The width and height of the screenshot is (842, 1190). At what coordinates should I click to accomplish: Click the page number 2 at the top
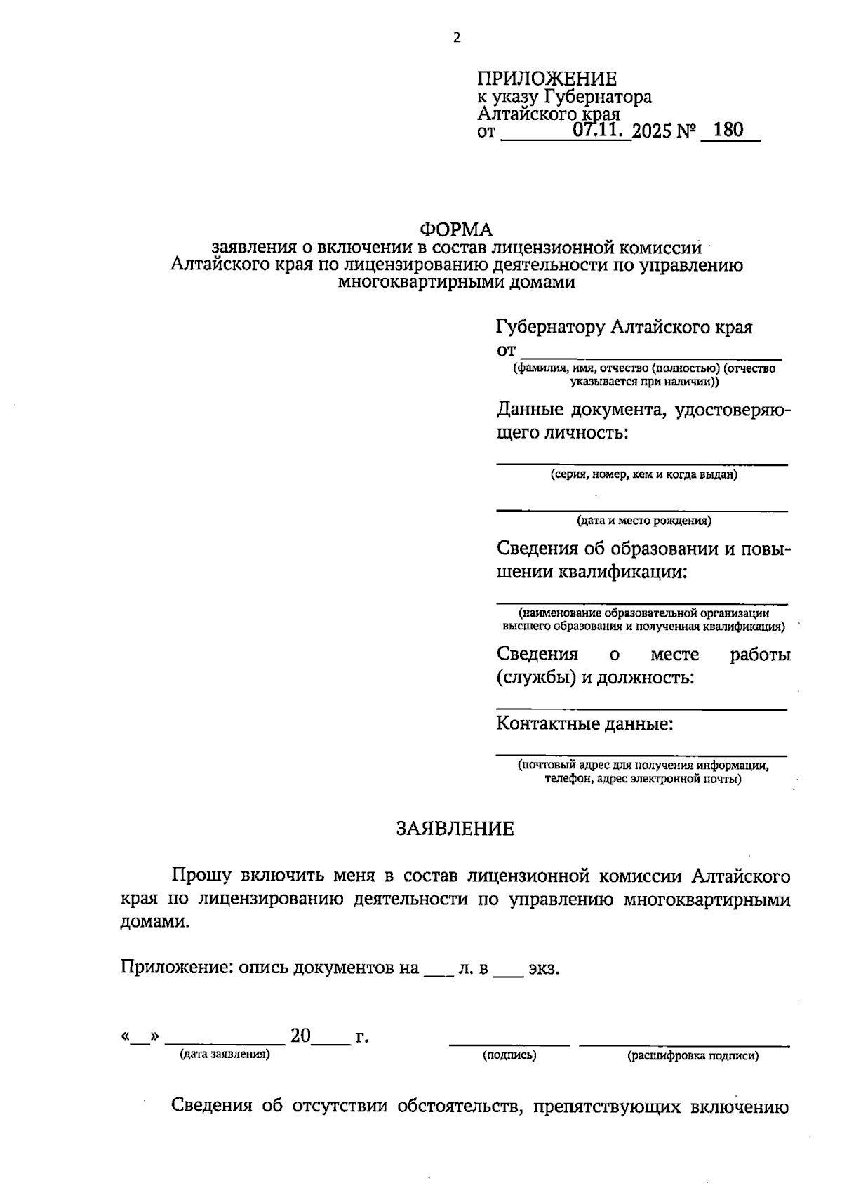[x=457, y=38]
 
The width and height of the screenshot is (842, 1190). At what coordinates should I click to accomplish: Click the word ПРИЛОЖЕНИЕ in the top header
[x=547, y=79]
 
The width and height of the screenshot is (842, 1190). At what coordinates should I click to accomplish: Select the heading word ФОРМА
[x=456, y=229]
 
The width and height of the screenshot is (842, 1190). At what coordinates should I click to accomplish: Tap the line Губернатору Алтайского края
[x=624, y=327]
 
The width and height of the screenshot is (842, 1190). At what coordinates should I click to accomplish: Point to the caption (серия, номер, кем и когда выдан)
[x=643, y=475]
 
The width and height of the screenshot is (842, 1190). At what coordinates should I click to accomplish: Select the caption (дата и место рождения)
[x=643, y=521]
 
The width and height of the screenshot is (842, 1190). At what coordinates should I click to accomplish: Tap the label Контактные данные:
[x=584, y=723]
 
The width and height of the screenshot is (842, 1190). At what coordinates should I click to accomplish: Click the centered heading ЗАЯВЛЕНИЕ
[x=455, y=829]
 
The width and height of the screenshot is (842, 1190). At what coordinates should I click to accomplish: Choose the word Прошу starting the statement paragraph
[x=202, y=876]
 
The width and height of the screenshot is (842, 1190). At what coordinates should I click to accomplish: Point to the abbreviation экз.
[x=544, y=969]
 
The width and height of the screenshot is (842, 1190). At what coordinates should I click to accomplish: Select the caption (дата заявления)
[x=225, y=1054]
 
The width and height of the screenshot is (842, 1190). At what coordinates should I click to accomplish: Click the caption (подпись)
[x=509, y=1055]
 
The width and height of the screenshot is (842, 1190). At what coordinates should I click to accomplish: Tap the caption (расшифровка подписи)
[x=693, y=1055]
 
